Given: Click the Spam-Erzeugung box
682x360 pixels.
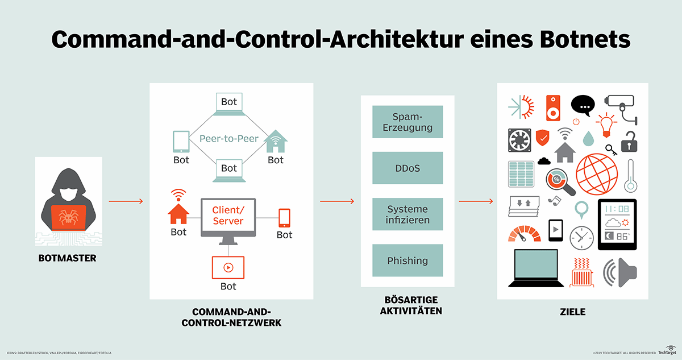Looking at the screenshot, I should (407, 121).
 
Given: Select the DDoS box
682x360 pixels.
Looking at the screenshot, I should (407, 168).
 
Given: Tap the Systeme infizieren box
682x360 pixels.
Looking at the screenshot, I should (407, 214).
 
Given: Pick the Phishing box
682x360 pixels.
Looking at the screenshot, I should (407, 260).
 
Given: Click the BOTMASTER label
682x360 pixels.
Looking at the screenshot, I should (68, 258).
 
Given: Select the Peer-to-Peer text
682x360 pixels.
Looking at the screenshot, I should (229, 138).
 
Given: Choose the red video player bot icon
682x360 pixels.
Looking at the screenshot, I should (228, 267).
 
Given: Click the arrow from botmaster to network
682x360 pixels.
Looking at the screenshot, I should (126, 201).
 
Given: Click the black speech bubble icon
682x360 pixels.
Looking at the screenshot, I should (583, 105).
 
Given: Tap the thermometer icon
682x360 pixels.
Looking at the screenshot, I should (629, 176).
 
